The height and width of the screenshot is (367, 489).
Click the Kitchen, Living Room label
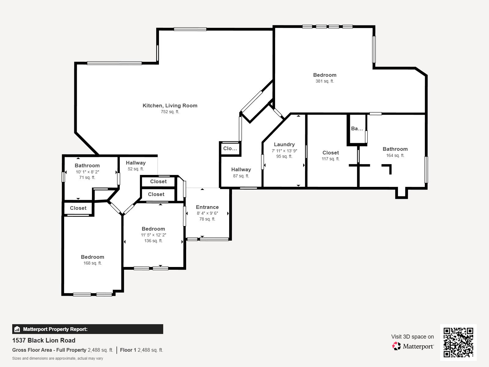point(170,106)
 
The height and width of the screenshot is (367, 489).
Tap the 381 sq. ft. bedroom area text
point(325,81)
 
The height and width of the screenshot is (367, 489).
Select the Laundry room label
point(284,144)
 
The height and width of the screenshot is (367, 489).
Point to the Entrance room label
point(207,207)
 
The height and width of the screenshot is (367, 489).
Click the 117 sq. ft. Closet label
point(330,153)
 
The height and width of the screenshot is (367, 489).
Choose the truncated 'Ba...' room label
point(357,129)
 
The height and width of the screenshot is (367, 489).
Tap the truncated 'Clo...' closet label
point(230,149)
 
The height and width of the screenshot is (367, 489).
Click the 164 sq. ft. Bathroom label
point(395,149)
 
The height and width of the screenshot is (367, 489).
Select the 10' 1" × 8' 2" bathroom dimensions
point(87,172)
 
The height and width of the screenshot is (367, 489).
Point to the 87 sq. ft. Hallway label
point(241,169)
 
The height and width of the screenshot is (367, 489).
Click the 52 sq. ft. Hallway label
point(136,163)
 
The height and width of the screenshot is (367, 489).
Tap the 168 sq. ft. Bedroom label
point(92,257)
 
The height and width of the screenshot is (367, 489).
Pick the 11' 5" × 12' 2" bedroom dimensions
point(153,235)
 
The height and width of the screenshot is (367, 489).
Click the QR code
point(458,342)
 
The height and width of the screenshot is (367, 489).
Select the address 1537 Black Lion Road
point(44,340)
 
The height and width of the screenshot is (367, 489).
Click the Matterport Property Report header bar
point(87,329)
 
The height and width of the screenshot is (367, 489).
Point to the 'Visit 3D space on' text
point(412,337)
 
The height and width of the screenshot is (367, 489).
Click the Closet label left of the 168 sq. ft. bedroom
point(78,208)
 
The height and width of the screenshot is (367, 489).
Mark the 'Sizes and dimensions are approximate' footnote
point(57,358)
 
